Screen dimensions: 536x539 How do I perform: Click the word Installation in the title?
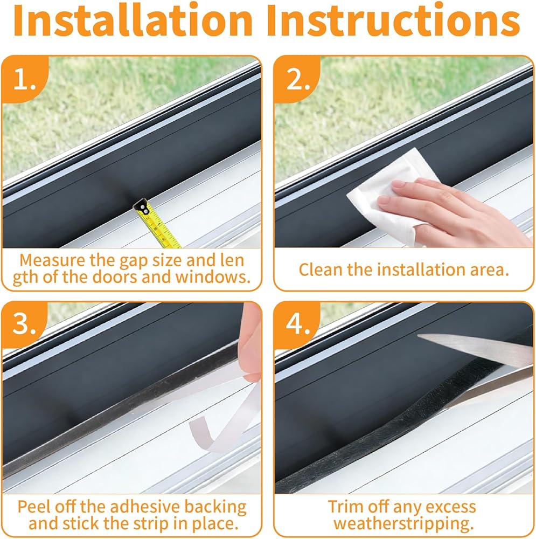(133, 19)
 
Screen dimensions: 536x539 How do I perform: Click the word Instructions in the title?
(393, 19)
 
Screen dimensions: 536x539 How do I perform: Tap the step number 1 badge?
(25, 79)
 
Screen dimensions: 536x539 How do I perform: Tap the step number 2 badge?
(297, 79)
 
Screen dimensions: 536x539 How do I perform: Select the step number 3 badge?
(24, 324)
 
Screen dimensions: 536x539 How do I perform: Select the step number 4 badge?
(297, 324)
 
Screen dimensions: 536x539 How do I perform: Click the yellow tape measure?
(157, 224)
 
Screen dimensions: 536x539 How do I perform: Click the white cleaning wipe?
(392, 196)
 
